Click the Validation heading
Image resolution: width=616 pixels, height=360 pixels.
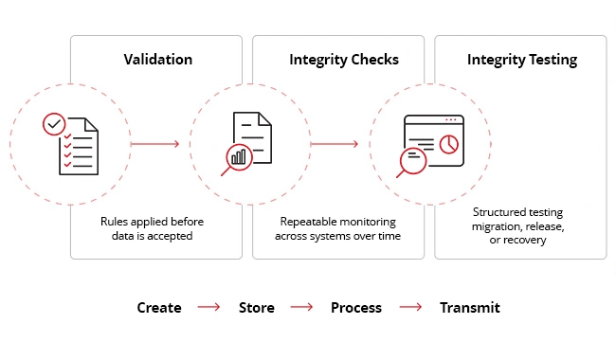(158, 60)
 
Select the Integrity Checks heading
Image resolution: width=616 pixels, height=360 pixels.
(344, 60)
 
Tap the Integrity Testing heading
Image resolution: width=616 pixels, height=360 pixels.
(522, 60)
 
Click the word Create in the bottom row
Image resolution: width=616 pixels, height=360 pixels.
(159, 308)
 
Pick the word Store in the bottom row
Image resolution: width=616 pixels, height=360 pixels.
(257, 308)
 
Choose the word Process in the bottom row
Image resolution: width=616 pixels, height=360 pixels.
(356, 308)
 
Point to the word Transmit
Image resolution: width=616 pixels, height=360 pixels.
(469, 308)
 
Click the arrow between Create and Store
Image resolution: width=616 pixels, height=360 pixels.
(208, 308)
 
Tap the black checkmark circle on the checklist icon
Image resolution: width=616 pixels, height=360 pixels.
(55, 124)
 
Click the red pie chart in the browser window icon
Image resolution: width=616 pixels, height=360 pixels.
(449, 143)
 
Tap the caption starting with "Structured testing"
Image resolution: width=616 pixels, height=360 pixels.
(518, 226)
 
